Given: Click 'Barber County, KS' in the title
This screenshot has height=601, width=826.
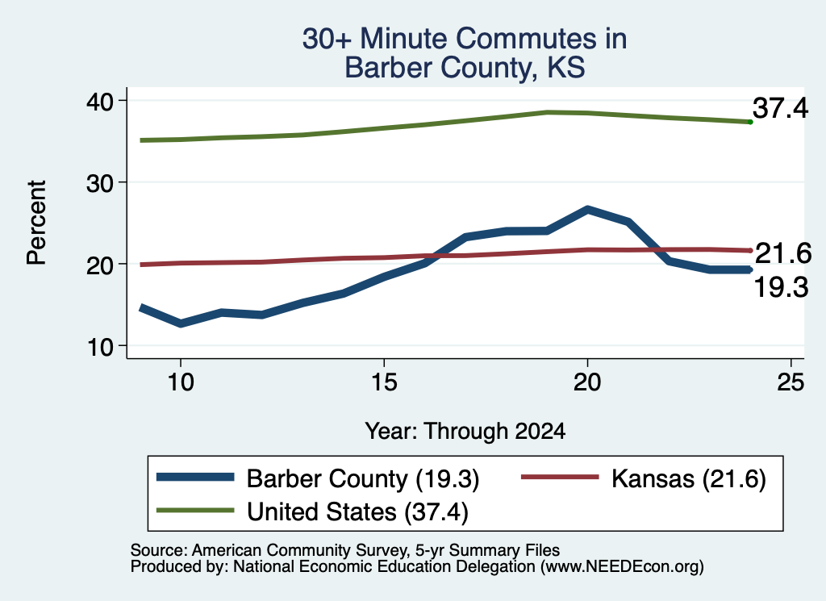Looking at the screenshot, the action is (x=465, y=68).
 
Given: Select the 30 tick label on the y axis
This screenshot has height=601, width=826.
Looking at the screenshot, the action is (x=99, y=183).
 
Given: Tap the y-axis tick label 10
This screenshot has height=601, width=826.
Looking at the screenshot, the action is (x=99, y=347).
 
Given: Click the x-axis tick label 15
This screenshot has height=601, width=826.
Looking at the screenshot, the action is (x=384, y=382).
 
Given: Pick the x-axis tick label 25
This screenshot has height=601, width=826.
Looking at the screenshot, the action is (x=791, y=382).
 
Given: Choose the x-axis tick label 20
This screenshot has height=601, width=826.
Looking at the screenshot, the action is (x=587, y=382).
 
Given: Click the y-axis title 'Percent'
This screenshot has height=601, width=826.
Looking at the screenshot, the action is (x=37, y=223).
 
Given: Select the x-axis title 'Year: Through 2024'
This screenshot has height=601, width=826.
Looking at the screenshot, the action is (x=465, y=431).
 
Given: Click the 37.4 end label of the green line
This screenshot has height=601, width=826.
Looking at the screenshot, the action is (x=780, y=108).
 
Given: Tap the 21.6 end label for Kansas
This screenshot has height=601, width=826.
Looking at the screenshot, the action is (x=783, y=253).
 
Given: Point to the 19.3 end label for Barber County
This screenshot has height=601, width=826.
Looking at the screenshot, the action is (x=781, y=288).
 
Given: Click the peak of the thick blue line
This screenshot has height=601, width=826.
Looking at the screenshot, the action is (x=587, y=210).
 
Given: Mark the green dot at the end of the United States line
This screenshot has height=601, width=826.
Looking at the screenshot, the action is (x=750, y=122).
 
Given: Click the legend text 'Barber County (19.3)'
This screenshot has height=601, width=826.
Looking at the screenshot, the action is (x=363, y=479).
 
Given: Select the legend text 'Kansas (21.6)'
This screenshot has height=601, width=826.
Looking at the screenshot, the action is (x=689, y=479).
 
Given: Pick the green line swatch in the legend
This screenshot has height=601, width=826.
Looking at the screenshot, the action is (x=195, y=511).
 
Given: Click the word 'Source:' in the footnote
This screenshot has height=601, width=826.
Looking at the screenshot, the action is (x=159, y=550).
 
